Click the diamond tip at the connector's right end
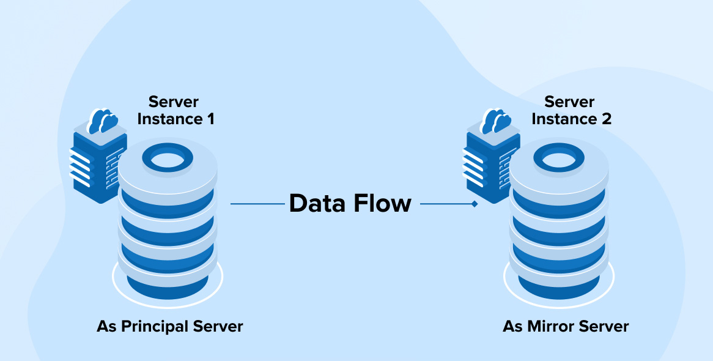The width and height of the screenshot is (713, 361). click(x=475, y=204)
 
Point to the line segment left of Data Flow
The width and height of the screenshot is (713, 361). click(x=257, y=204)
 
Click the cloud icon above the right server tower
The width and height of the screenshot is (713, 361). click(x=496, y=121)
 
